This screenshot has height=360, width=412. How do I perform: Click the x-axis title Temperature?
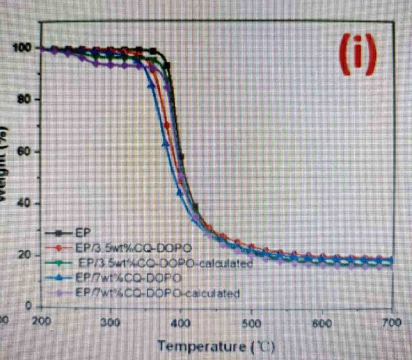point(216,345)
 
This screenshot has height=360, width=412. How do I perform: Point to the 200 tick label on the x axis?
point(42,322)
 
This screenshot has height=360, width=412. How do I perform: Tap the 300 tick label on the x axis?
point(111,322)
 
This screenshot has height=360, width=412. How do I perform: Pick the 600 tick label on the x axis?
point(321,323)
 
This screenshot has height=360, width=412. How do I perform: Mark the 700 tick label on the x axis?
point(391,323)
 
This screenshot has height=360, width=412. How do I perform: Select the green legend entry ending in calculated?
point(166,263)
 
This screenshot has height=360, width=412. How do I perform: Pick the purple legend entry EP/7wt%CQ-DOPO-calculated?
point(157,293)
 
